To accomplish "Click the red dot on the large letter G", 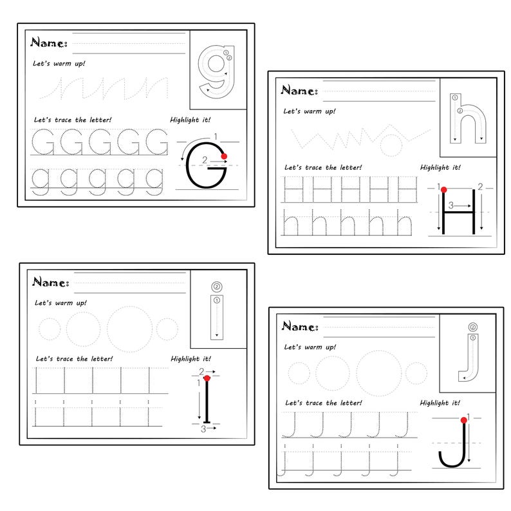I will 224,156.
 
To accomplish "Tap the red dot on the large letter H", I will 443,189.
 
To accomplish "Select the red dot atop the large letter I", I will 206,378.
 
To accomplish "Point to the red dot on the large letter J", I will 463,422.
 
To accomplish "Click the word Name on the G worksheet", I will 48,43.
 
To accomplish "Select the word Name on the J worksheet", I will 299,326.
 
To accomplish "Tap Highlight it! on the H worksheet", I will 440,167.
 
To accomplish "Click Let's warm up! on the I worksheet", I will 60,302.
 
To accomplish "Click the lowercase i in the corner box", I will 217,312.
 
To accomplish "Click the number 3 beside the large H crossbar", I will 452,206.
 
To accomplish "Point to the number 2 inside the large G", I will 204,159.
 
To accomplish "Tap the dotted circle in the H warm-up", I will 390,145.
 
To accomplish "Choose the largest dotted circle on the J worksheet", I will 379,373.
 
